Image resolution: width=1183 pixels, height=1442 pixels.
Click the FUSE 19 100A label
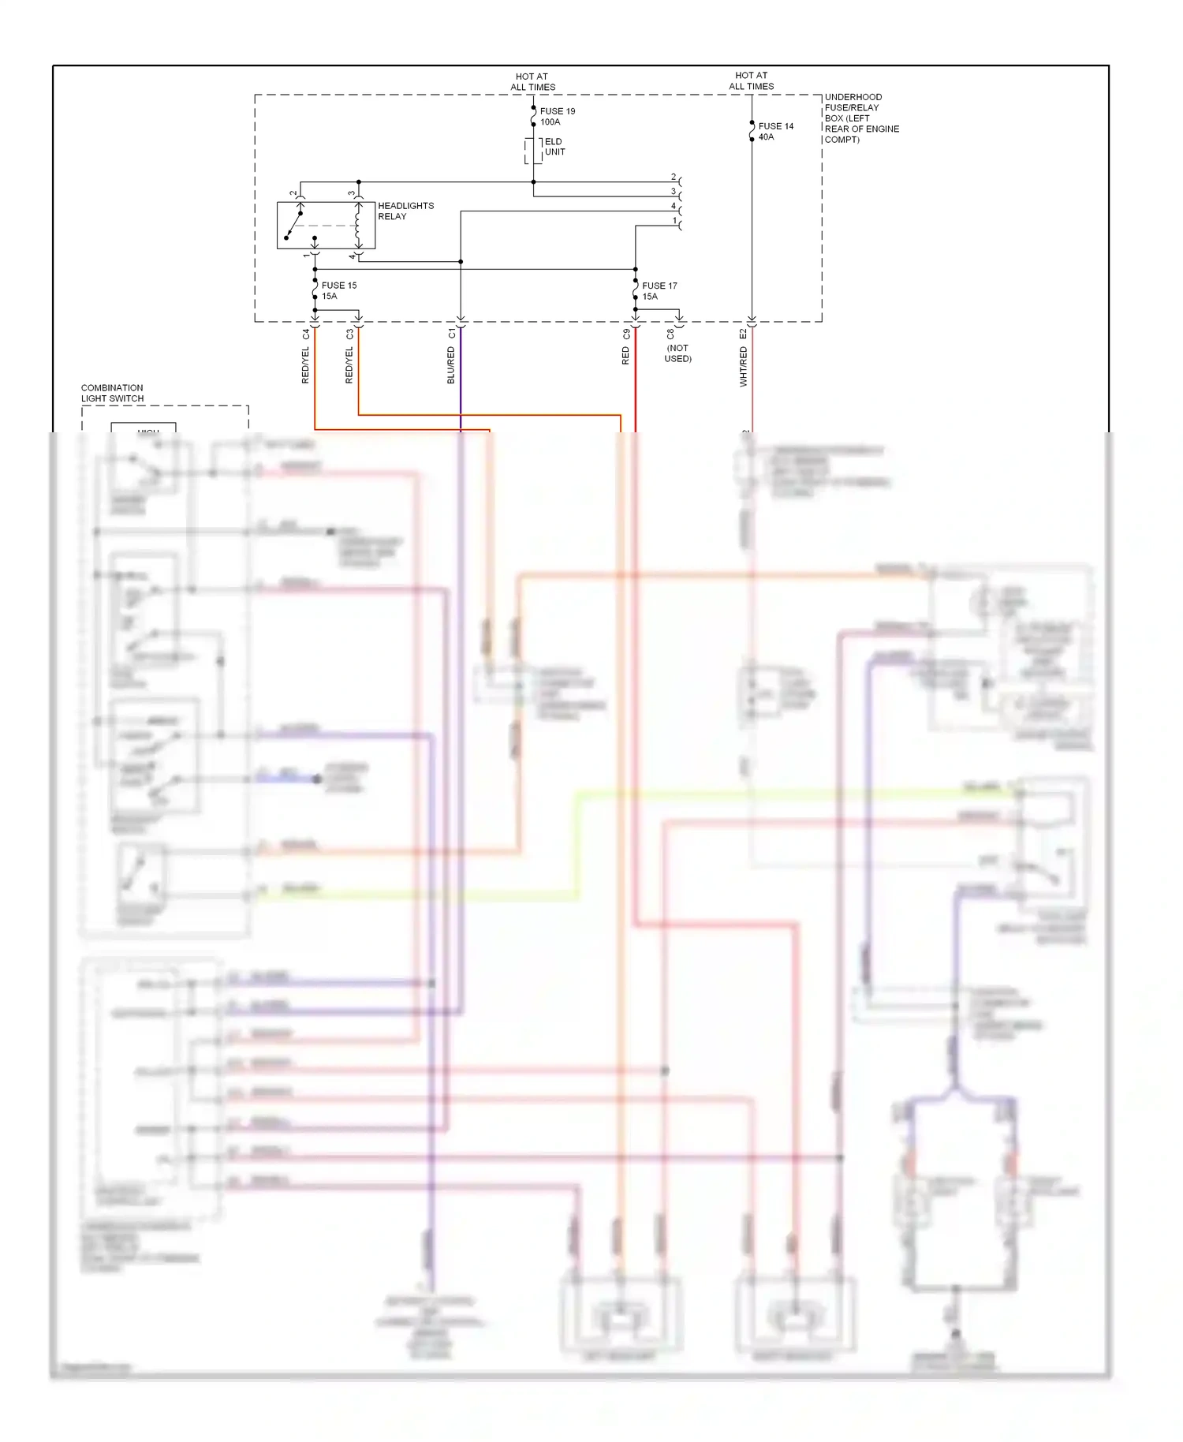click(557, 117)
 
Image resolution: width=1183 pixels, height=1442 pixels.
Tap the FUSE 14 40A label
click(775, 132)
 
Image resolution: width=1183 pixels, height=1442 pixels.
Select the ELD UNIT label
click(554, 147)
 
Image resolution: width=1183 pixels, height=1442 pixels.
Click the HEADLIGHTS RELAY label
click(405, 211)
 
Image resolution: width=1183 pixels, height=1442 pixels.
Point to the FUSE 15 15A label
click(338, 291)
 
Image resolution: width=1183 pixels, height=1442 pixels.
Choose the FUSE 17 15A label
click(659, 291)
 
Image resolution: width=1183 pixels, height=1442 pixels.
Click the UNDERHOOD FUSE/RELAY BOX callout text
click(861, 118)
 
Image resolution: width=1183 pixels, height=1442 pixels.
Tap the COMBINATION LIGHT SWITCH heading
click(112, 393)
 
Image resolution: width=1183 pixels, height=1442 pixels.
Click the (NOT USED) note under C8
click(677, 353)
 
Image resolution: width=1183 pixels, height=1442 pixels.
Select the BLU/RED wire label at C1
click(451, 366)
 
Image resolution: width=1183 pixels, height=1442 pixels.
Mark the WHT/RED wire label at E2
click(743, 367)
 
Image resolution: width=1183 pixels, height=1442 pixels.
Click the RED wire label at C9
click(626, 356)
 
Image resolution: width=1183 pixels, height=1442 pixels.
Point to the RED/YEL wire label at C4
click(305, 365)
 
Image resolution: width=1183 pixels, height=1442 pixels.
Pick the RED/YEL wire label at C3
click(349, 365)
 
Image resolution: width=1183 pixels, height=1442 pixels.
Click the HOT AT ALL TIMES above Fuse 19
click(532, 82)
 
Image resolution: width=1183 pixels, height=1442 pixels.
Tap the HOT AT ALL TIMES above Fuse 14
click(751, 81)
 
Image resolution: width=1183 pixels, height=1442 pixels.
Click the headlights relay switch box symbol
click(325, 226)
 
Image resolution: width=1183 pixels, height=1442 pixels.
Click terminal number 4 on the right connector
click(674, 206)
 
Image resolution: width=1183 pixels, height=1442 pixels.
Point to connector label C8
click(670, 334)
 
